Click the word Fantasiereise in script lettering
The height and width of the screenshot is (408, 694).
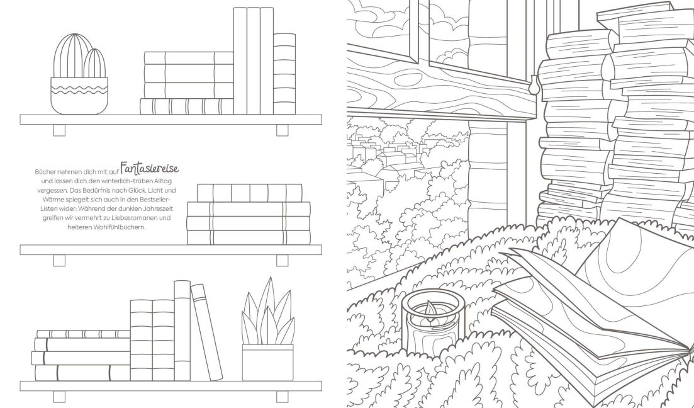150,169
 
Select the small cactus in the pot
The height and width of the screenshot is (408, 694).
95,64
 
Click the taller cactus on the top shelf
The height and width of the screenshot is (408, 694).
72,55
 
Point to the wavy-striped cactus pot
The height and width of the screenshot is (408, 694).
79,96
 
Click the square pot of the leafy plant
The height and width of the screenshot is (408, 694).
268,363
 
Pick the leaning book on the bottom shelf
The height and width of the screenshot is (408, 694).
207,332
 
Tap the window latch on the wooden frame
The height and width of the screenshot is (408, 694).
534,84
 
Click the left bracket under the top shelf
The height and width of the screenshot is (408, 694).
59,130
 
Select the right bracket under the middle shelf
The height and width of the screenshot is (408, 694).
283,261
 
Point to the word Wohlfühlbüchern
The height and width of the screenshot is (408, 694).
107,227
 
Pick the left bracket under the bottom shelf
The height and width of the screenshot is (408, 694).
59,397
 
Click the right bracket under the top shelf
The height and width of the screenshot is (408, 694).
283,130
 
